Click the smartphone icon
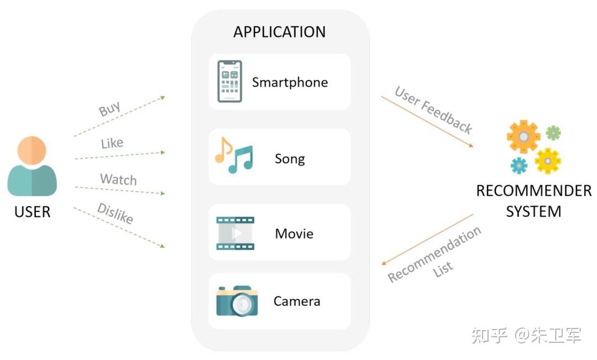point(229,81)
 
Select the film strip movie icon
point(235,233)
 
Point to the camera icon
point(237,301)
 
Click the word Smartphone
point(290,82)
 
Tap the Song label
point(290,159)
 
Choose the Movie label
point(294,233)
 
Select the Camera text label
point(297,301)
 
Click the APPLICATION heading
point(279,32)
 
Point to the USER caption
point(32,212)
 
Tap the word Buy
point(109,108)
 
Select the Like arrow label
point(112,143)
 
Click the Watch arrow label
point(118,180)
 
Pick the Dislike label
point(115,213)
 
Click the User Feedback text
point(433,110)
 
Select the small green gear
point(553,133)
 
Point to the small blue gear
point(519,165)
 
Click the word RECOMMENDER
point(533,191)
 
